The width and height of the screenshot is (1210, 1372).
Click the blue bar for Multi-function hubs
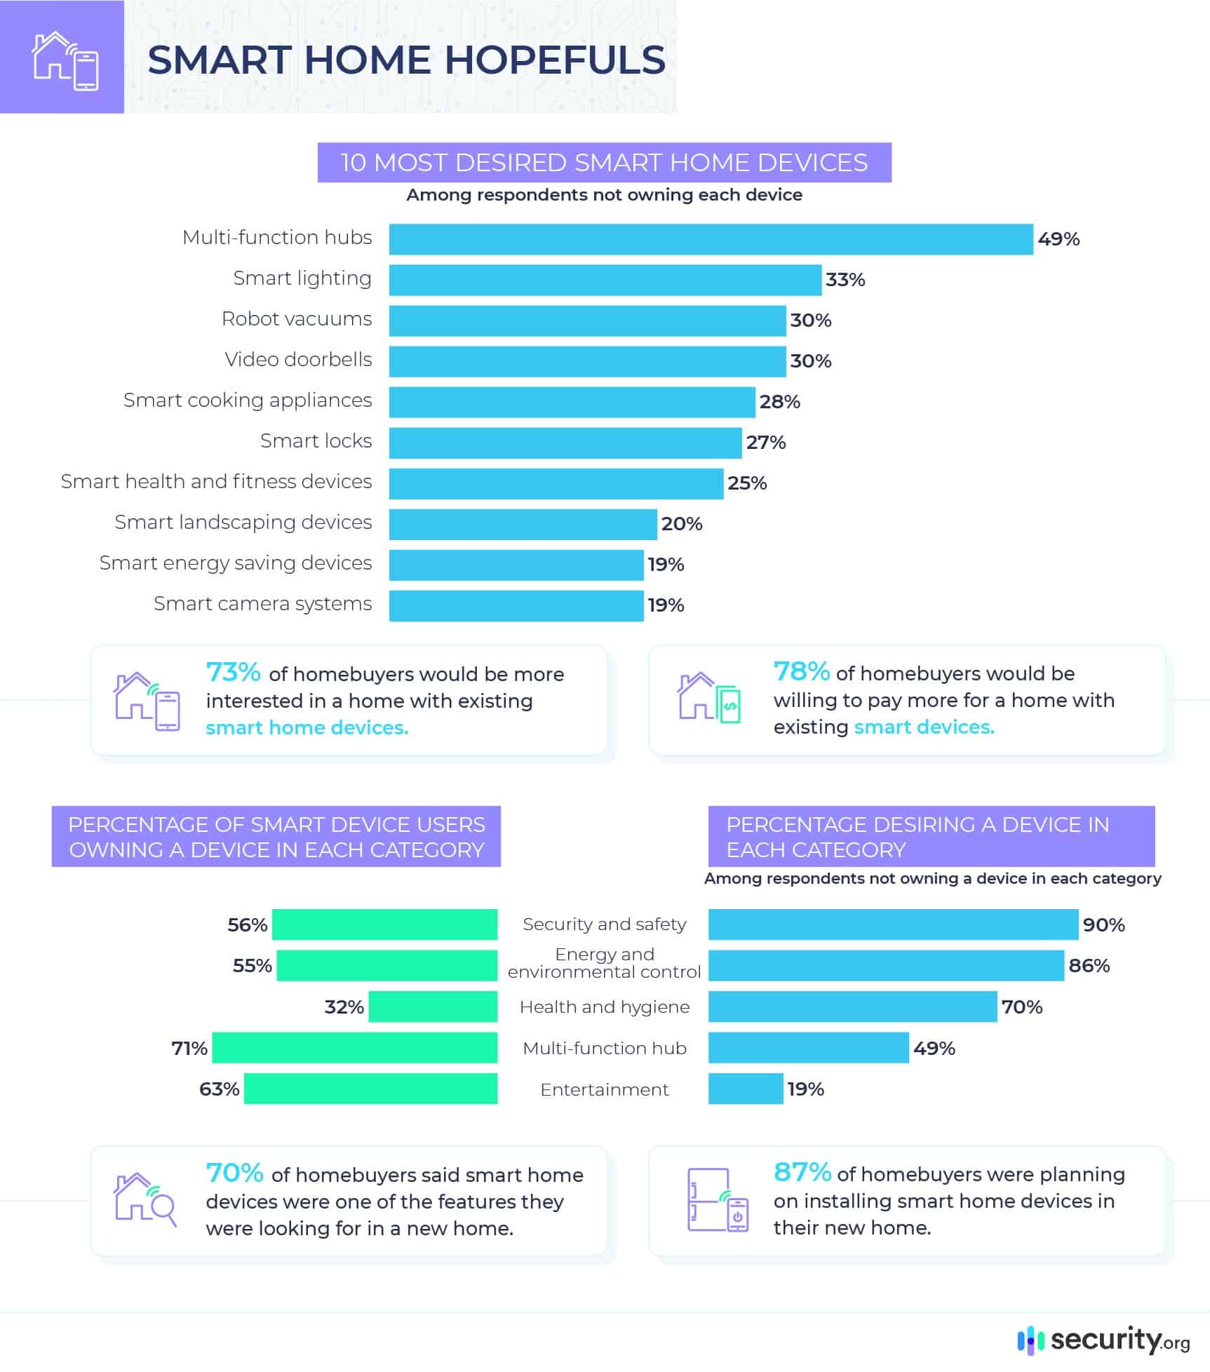coord(711,239)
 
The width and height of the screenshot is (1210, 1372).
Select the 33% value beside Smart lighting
coord(845,280)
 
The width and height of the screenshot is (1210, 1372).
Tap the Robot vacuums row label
coord(297,319)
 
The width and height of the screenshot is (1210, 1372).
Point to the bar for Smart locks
coord(565,443)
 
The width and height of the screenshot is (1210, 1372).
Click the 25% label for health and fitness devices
coord(747,483)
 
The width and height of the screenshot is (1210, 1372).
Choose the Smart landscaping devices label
coord(243,523)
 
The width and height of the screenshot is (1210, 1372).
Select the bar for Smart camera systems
coord(516,605)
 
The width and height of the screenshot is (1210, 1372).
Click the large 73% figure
coord(233,673)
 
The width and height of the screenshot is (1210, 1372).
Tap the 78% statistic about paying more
coord(801,672)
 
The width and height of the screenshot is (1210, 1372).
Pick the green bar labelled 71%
coord(355,1047)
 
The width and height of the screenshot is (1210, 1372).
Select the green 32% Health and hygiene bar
coord(433,1007)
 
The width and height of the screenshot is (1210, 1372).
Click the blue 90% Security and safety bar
coord(893,924)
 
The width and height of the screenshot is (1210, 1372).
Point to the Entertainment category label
coord(604,1089)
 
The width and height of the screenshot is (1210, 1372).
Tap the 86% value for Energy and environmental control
coord(1089,966)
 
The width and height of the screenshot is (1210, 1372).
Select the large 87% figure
coord(802,1172)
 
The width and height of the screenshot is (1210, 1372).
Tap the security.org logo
coord(1103,1340)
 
